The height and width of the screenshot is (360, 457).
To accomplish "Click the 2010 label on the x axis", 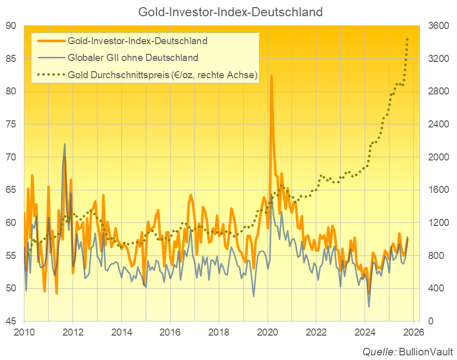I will (x=24, y=333).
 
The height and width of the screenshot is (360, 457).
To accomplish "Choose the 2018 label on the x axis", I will (x=218, y=333).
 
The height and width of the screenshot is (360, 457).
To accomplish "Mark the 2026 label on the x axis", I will (x=413, y=333).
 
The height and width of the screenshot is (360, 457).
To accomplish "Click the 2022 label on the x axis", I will (x=316, y=333).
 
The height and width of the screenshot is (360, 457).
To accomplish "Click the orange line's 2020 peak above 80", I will (x=272, y=76).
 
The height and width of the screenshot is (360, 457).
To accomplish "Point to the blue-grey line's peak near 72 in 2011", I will (x=64, y=144).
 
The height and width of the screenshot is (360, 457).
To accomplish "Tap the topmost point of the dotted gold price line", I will (x=407, y=39).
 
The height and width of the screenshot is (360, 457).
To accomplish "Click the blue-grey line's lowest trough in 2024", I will (x=369, y=307).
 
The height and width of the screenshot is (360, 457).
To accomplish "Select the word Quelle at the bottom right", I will (x=379, y=351).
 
